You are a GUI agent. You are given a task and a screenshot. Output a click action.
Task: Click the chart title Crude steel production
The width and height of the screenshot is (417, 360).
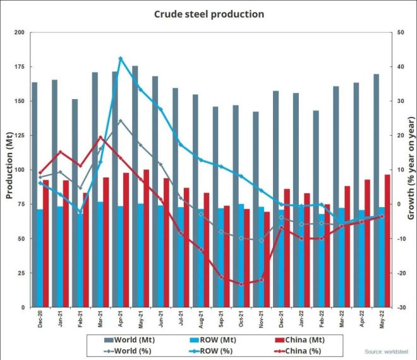[208, 14]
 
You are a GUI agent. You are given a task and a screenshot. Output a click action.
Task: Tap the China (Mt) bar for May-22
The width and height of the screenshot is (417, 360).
[387, 241]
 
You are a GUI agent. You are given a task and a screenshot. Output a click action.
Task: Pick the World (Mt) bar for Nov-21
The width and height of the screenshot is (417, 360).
[256, 209]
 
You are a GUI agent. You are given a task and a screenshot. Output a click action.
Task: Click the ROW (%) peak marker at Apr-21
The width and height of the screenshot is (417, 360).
[120, 59]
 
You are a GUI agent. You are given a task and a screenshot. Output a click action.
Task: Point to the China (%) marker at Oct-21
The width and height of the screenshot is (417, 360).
[241, 284]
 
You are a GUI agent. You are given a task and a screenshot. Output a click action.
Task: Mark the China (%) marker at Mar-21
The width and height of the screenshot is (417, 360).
[100, 137]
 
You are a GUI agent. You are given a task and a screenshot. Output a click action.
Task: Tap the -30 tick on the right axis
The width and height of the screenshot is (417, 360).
[401, 308]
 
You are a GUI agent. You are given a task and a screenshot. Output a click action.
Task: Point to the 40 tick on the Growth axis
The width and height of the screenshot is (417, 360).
[401, 66]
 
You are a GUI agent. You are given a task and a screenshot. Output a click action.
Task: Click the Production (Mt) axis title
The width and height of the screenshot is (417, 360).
[10, 170]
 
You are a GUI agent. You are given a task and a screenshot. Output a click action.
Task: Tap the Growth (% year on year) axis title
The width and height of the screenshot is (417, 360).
[411, 170]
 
